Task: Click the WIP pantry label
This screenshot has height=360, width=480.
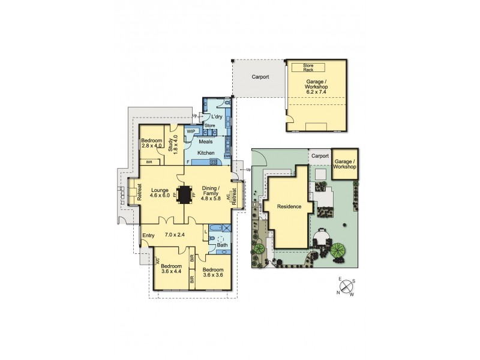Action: (x=191, y=131)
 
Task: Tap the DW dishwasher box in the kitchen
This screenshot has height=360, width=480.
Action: (x=227, y=157)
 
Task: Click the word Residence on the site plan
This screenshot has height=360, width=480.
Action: (x=289, y=207)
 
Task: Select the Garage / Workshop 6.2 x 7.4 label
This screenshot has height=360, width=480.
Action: (x=316, y=88)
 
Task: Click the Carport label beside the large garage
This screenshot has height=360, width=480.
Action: (x=260, y=77)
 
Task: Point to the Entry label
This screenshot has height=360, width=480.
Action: (x=148, y=235)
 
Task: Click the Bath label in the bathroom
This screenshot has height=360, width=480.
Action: (x=221, y=245)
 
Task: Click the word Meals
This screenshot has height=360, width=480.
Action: (x=206, y=142)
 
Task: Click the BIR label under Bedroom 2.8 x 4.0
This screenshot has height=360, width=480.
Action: (x=149, y=162)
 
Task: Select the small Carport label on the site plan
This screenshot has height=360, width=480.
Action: (x=320, y=156)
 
